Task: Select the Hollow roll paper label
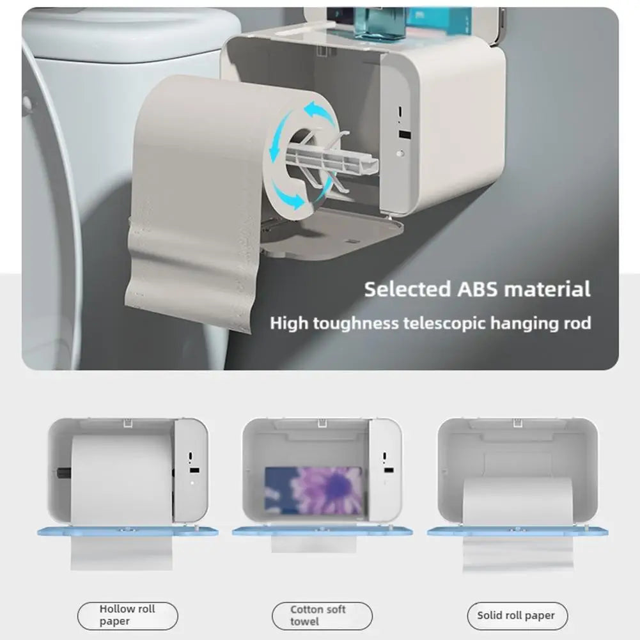coord(127,615)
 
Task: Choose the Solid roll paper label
coord(516,616)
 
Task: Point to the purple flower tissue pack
coord(313,491)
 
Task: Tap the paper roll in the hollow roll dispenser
coord(121,480)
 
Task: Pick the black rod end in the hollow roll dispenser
coord(61,474)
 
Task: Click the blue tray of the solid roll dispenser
coord(517,531)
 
